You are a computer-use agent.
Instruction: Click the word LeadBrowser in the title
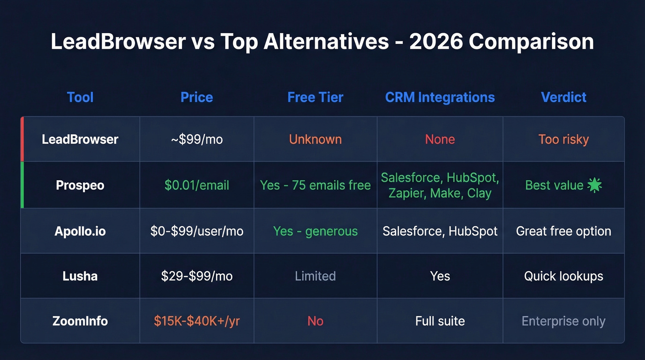pyautogui.click(x=118, y=42)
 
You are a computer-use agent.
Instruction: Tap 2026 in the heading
pyautogui.click(x=435, y=42)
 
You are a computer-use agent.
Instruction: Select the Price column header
pyautogui.click(x=197, y=97)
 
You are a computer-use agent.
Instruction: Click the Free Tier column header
pyautogui.click(x=315, y=97)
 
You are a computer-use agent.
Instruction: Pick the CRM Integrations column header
pyautogui.click(x=440, y=97)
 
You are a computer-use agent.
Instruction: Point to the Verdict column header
pyautogui.click(x=563, y=97)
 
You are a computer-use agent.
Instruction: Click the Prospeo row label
pyautogui.click(x=80, y=185)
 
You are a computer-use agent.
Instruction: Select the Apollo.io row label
pyautogui.click(x=80, y=231)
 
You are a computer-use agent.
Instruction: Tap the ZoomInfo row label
pyautogui.click(x=80, y=321)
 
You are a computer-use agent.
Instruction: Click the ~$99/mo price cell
pyautogui.click(x=197, y=139)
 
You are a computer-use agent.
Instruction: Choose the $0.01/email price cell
pyautogui.click(x=197, y=185)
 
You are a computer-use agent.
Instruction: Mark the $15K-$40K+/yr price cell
pyautogui.click(x=197, y=321)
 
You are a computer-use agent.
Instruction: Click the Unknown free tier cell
pyautogui.click(x=315, y=139)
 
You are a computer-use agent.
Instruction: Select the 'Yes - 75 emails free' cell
pyautogui.click(x=315, y=185)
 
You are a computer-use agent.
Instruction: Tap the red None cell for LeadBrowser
pyautogui.click(x=440, y=139)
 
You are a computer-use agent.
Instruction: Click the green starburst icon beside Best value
pyautogui.click(x=595, y=185)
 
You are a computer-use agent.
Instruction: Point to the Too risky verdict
pyautogui.click(x=563, y=139)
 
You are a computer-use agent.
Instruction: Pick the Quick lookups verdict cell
pyautogui.click(x=563, y=276)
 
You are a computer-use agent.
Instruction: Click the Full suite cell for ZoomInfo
pyautogui.click(x=440, y=321)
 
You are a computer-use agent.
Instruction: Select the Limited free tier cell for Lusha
pyautogui.click(x=315, y=276)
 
